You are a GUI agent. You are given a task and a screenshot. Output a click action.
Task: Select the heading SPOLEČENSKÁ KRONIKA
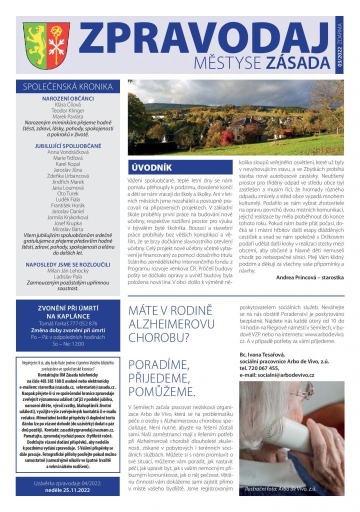tap(68, 86)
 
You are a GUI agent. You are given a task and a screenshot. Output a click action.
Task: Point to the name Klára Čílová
tap(68, 104)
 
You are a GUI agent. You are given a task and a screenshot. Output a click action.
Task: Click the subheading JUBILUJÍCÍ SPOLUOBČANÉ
tap(68, 145)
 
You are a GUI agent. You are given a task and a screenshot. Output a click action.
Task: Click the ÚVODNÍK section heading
tap(150, 167)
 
